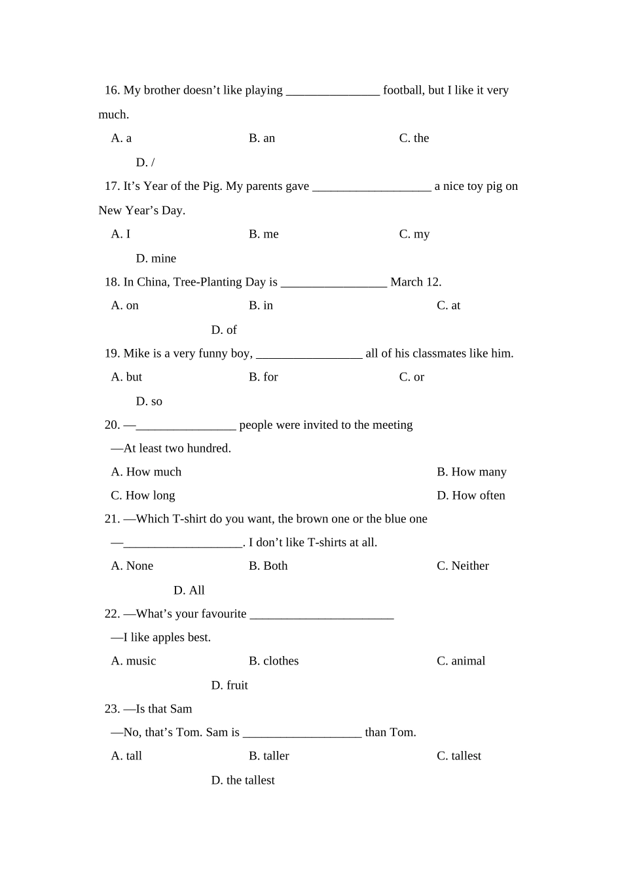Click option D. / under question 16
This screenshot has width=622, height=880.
click(145, 162)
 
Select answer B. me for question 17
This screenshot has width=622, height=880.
click(263, 234)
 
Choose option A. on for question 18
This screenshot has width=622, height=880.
click(125, 306)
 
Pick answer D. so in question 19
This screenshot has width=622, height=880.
click(149, 401)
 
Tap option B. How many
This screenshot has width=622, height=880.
click(471, 472)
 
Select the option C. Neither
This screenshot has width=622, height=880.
click(462, 566)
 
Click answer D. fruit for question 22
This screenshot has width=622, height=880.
click(229, 686)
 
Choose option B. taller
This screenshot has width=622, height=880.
click(268, 756)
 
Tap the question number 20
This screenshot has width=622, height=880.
click(112, 425)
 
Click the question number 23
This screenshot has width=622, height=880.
click(112, 709)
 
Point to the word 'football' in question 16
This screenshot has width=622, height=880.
click(403, 90)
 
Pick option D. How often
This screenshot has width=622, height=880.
click(471, 496)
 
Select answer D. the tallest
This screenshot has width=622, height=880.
click(243, 780)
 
